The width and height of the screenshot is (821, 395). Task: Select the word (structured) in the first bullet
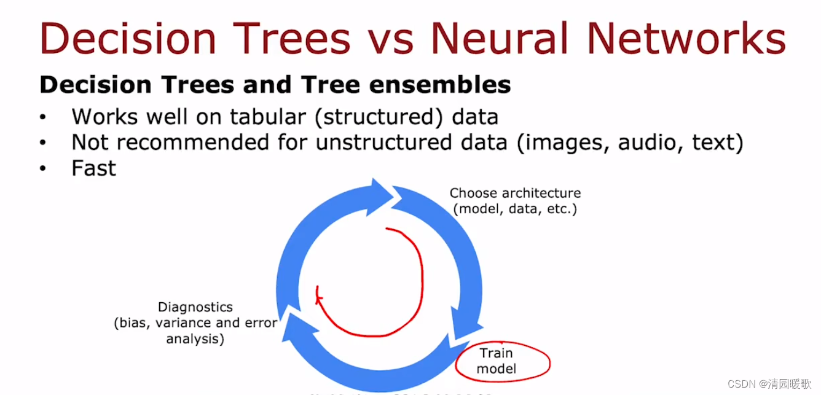point(378,117)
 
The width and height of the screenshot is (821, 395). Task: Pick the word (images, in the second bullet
point(562,143)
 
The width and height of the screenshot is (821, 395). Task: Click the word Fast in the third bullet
point(93,168)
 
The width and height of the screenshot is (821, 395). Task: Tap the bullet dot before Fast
point(42,168)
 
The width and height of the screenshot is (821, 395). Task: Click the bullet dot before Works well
point(42,117)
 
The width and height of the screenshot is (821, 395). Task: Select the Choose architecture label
point(515,193)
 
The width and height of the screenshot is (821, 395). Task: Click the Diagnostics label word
point(195,307)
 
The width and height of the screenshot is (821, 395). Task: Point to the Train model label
point(496,361)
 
